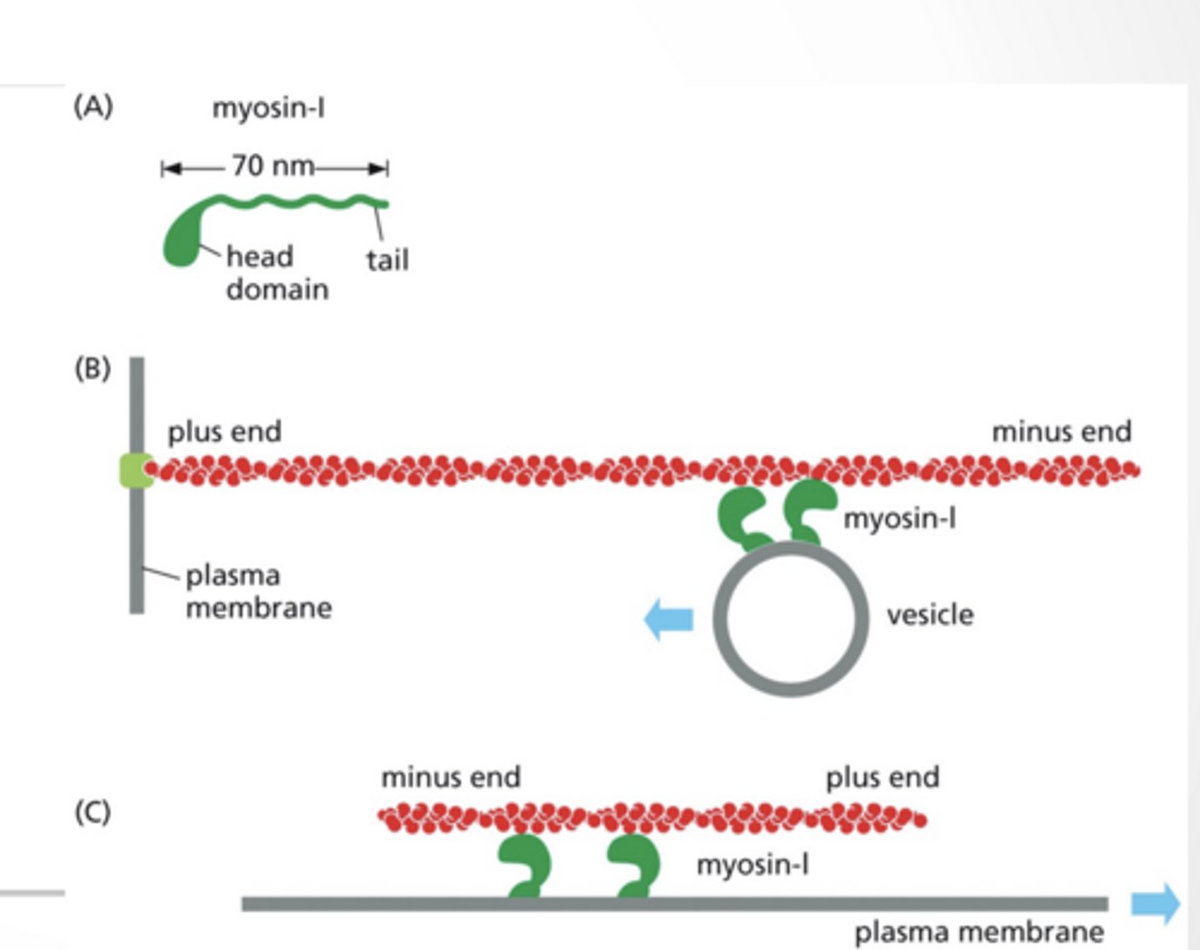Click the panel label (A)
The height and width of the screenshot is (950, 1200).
pos(93,107)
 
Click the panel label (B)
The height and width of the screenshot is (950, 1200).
pos(92,368)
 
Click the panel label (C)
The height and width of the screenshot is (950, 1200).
pos(92,812)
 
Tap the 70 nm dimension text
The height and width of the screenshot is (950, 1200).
pos(272,166)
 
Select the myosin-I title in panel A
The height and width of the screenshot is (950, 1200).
pos(268,108)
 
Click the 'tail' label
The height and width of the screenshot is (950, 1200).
pos(387,260)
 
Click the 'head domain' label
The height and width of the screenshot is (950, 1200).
pos(277,272)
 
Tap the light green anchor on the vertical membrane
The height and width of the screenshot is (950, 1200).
pos(135,470)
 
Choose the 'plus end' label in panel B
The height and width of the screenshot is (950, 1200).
pos(224,432)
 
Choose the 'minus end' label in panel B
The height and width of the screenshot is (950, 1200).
pos(1061,432)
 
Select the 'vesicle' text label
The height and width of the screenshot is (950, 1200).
pos(929,615)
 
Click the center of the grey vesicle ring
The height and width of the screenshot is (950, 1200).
pos(790,618)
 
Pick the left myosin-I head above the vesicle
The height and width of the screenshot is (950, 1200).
pos(742,517)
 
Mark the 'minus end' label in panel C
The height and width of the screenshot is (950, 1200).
pos(451,777)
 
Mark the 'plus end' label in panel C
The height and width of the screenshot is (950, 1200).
pos(882,777)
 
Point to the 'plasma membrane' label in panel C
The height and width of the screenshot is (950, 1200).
pos(978,932)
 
